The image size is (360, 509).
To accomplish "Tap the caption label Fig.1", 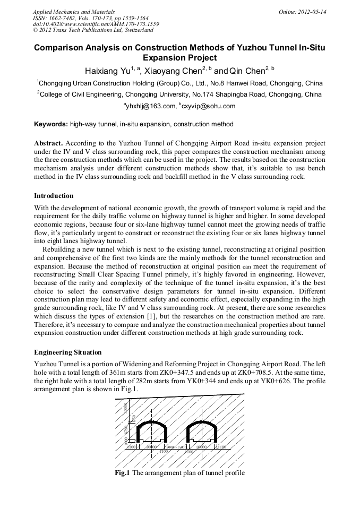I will pos(123,473).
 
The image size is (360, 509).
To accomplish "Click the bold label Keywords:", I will pos(51,124).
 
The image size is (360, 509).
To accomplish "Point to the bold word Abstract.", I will pos(48,143).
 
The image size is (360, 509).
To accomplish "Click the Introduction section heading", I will pos(54,196).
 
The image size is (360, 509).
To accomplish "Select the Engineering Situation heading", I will pos(67,352).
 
